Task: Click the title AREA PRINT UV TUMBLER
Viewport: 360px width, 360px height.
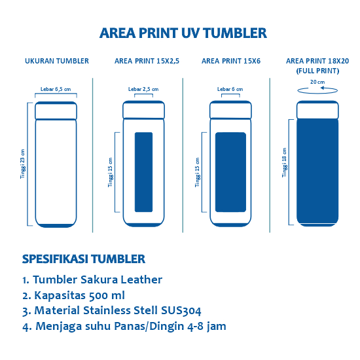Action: tap(183, 33)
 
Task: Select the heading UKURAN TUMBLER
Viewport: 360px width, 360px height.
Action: tap(57, 61)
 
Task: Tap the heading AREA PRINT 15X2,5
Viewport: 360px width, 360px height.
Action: tap(147, 61)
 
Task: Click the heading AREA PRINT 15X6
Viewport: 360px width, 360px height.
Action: tap(230, 61)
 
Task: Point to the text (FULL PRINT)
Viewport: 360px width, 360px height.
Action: tap(317, 69)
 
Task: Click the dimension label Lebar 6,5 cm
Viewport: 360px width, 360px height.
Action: tap(56, 88)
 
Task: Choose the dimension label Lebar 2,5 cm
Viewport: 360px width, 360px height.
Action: tap(143, 88)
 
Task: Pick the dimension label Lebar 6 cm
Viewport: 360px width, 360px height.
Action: tap(230, 88)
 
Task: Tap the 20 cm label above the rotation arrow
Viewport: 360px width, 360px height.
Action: tap(317, 82)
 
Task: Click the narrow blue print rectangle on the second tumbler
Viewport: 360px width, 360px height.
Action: tap(143, 172)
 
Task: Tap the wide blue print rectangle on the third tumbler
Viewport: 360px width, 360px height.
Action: tap(230, 172)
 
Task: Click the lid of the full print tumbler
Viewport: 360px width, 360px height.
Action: tap(317, 109)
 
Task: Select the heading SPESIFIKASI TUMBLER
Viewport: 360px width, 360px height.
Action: tap(83, 259)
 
